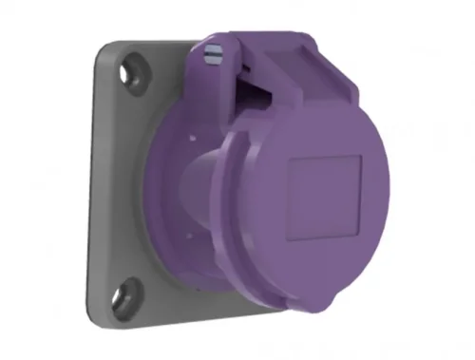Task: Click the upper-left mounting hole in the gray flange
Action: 129,68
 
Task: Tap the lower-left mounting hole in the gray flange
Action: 128,291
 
